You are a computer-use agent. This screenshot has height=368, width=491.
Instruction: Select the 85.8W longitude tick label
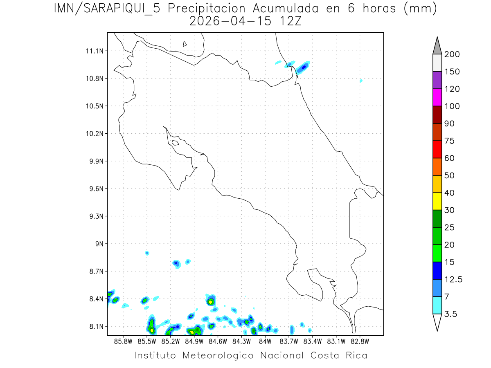pos(123,341)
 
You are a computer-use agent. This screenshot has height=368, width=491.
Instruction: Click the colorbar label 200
pos(452,54)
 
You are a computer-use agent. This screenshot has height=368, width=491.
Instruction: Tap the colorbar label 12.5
pos(453,280)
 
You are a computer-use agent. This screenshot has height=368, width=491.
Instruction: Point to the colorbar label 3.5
pos(451,314)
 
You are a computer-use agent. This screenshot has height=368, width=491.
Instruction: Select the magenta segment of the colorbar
pos(437,98)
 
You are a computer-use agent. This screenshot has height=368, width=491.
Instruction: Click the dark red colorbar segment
pos(437,115)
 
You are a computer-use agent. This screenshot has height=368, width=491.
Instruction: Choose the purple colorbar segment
pos(437,81)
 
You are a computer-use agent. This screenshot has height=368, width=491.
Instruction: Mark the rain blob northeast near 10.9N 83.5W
pos(303,67)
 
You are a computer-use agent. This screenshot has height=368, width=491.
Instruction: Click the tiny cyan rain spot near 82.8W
pos(361,81)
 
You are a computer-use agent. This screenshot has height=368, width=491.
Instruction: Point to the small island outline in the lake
pos(185,44)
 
